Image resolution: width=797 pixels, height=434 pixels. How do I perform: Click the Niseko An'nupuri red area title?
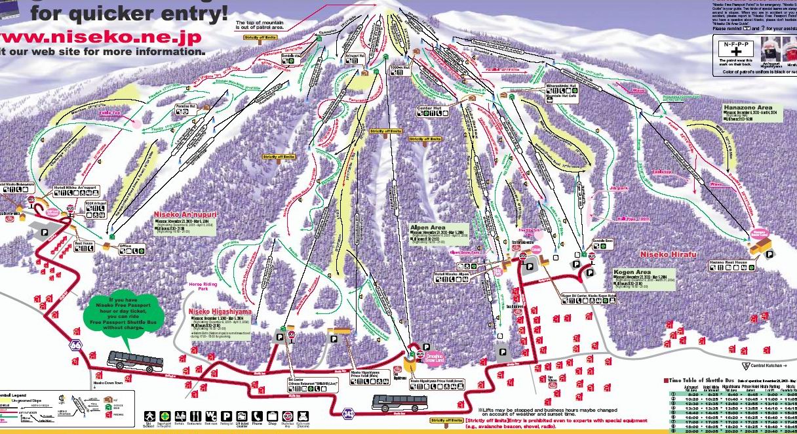click(185, 214)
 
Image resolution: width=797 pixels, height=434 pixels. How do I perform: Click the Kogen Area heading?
click(632, 271)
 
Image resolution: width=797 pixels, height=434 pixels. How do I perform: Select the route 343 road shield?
click(349, 412)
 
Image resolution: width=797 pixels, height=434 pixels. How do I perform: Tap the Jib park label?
click(618, 188)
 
